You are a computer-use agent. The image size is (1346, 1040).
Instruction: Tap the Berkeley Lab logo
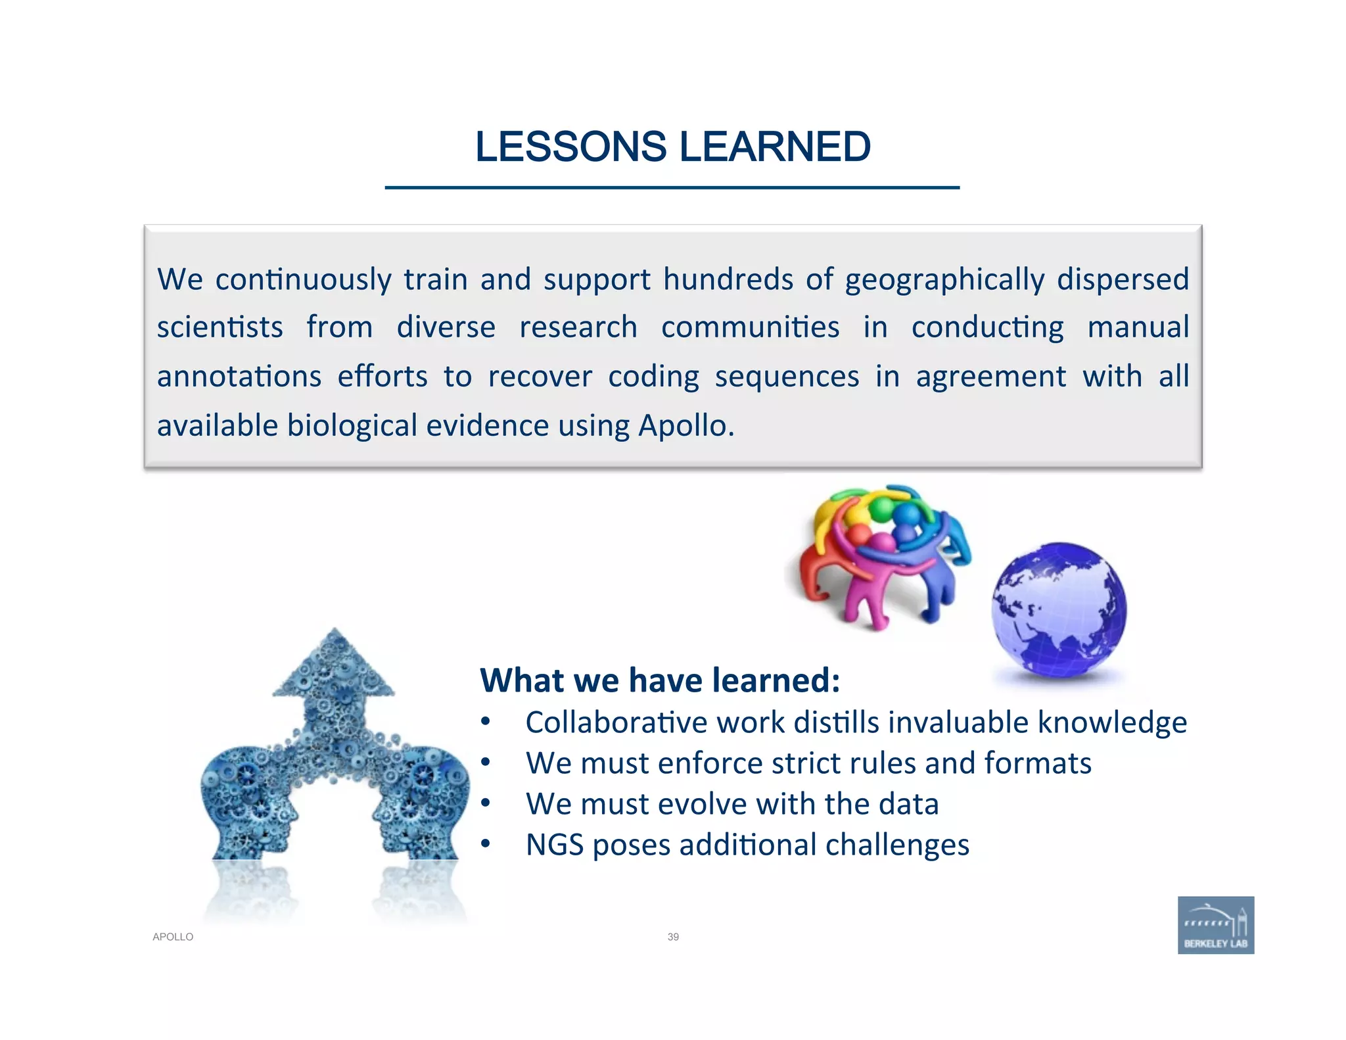(1215, 924)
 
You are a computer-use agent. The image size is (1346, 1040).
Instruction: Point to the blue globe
(1059, 609)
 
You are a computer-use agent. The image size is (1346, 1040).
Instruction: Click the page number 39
(673, 937)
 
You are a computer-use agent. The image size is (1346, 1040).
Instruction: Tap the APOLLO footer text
(173, 937)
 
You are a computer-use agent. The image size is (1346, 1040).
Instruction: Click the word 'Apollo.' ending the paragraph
(686, 426)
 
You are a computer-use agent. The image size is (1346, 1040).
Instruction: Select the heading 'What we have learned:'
(660, 680)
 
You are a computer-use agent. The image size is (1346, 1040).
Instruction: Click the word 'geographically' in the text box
(944, 280)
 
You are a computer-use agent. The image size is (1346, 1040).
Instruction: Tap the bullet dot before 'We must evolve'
(485, 803)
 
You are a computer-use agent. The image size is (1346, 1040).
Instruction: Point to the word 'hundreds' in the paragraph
(728, 279)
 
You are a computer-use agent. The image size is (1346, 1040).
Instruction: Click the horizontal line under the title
(672, 188)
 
